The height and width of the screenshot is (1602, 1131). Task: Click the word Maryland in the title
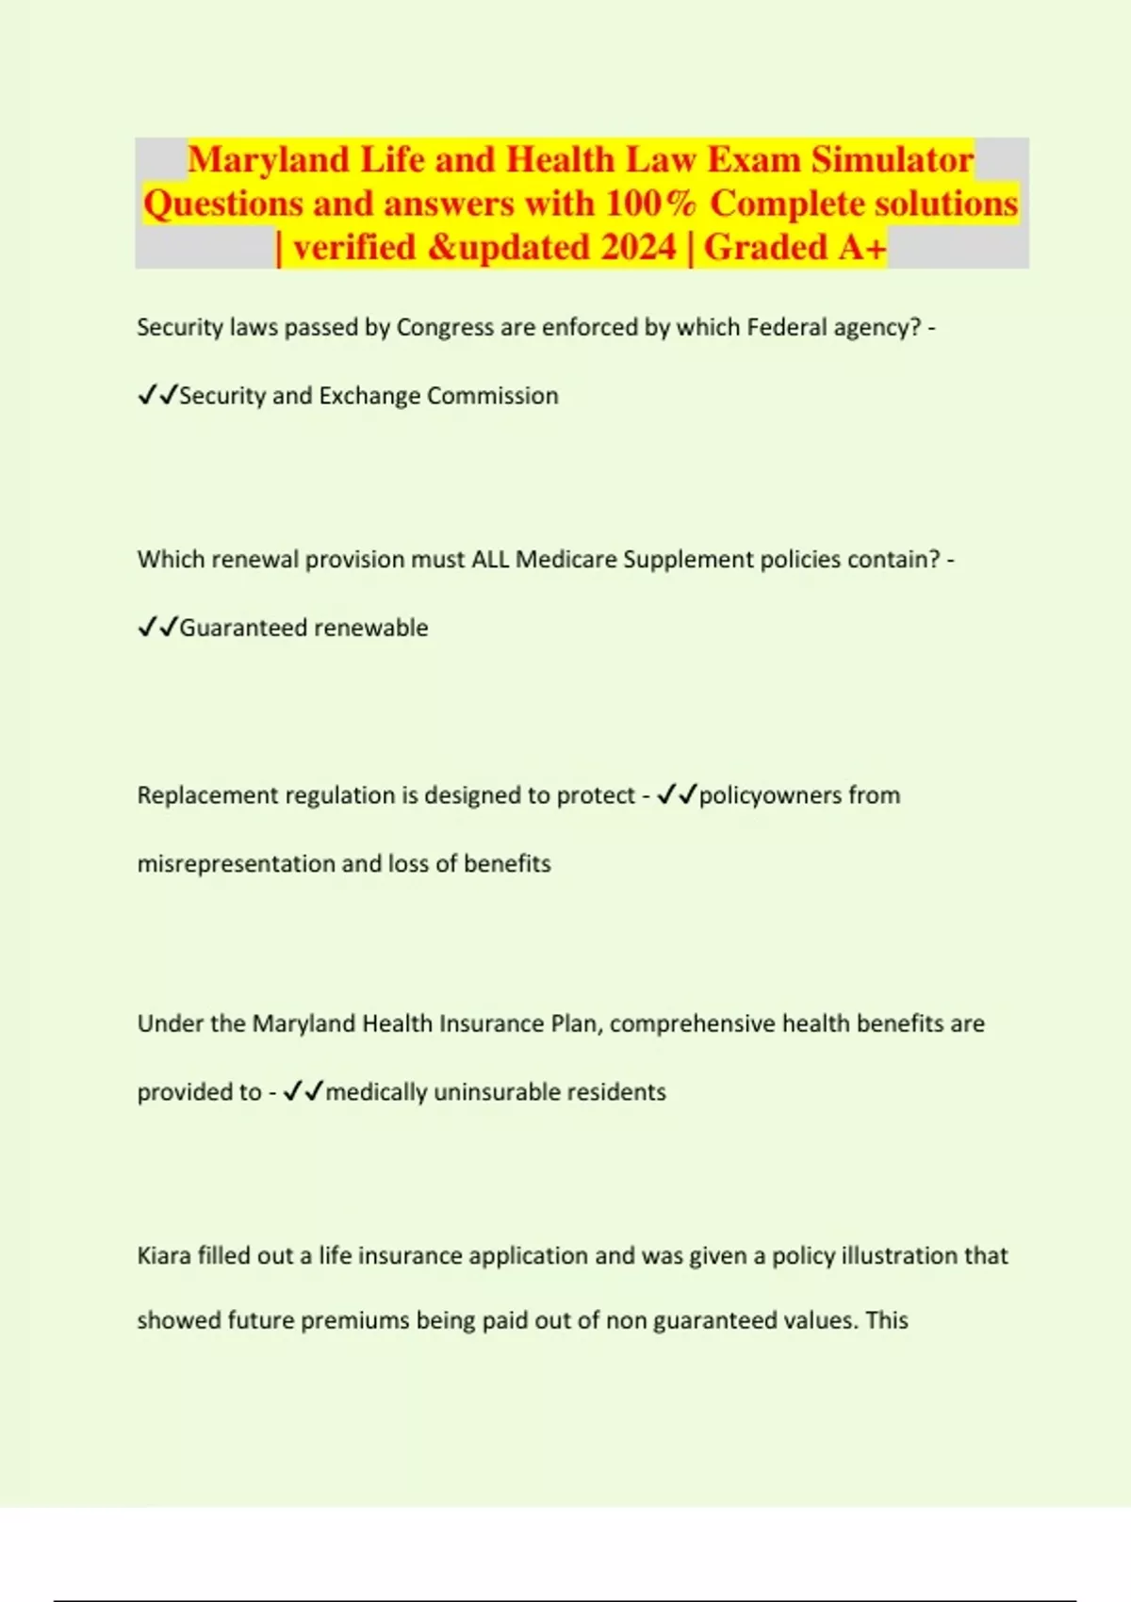[269, 159]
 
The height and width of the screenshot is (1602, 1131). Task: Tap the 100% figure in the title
[650, 204]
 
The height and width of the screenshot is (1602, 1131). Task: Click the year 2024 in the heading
[638, 247]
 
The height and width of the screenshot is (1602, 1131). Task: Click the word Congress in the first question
[446, 327]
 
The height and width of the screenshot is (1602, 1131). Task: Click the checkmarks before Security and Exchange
[157, 396]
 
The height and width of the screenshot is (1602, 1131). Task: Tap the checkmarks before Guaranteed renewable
[157, 628]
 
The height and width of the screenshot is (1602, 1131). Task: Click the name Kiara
[164, 1255]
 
